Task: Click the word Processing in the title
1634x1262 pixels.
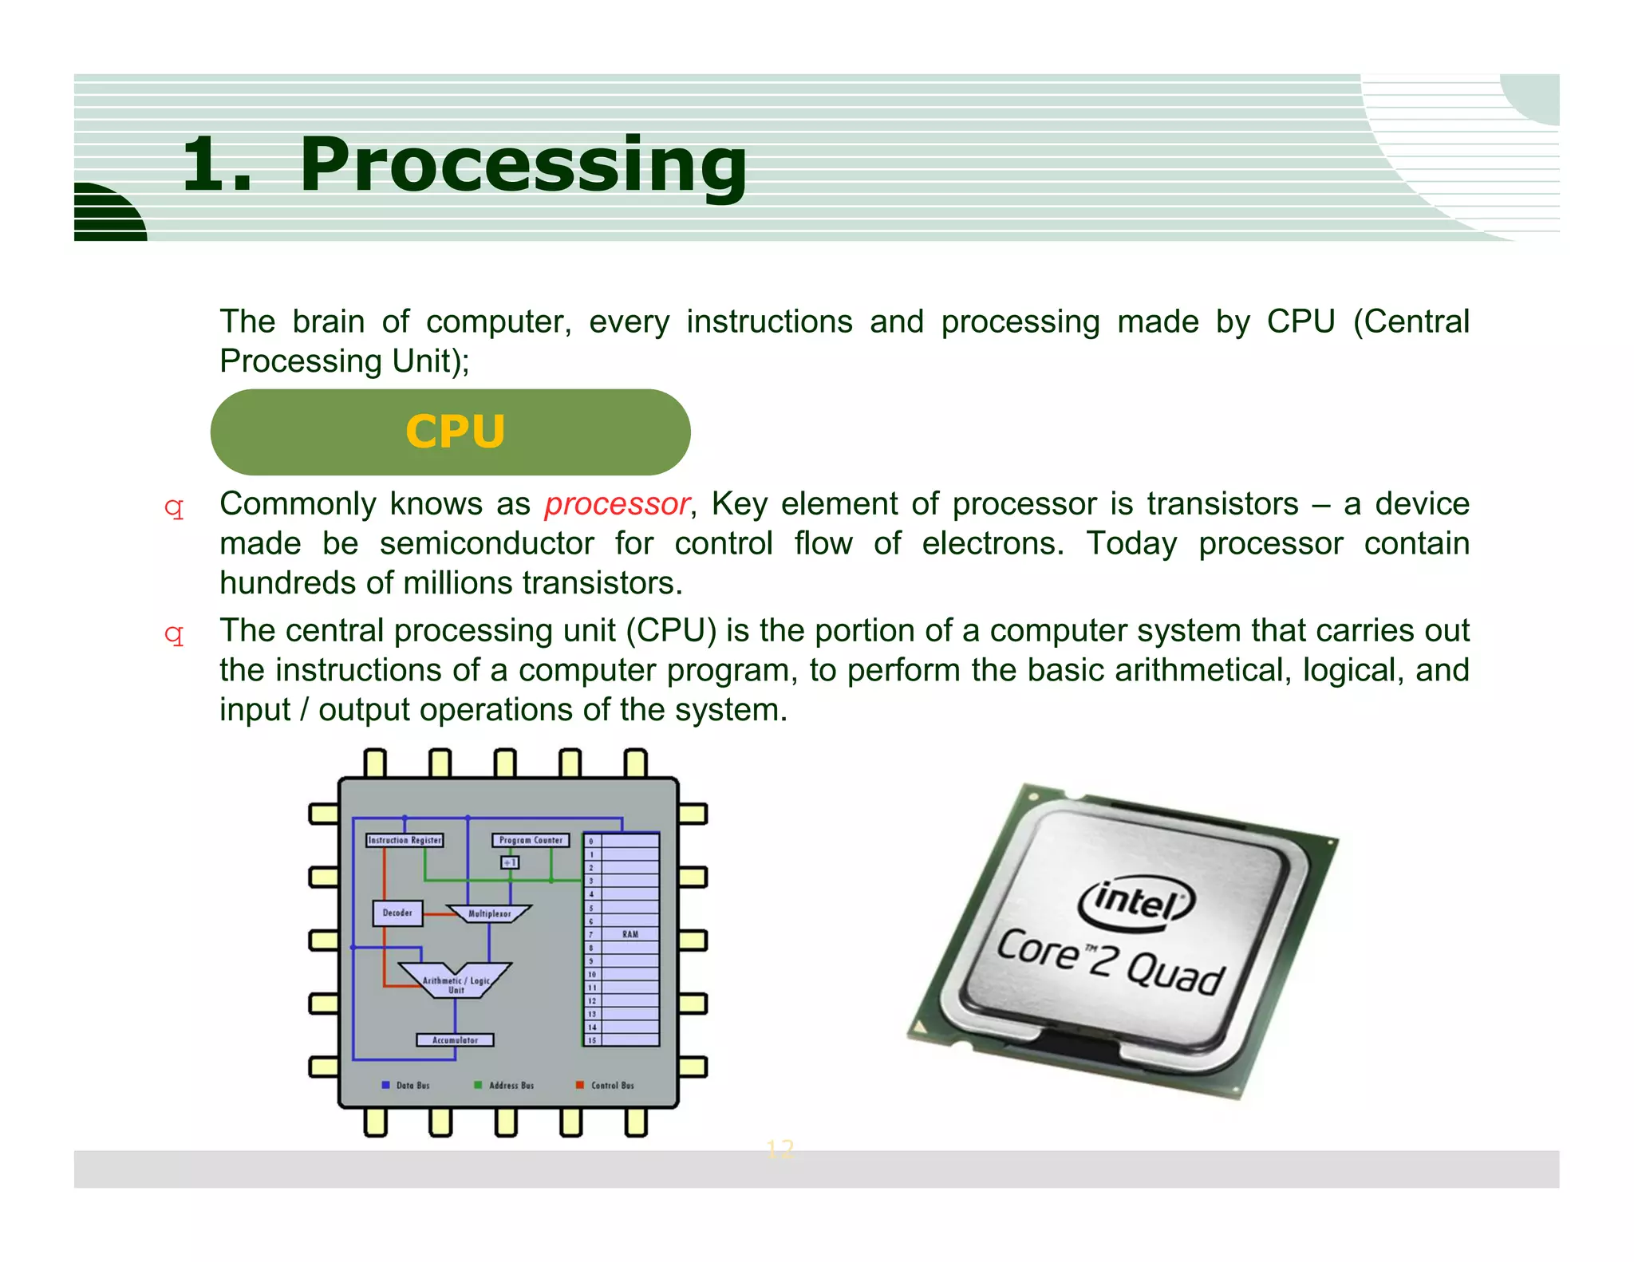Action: tap(523, 165)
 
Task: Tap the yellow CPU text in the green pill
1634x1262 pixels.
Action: tap(455, 432)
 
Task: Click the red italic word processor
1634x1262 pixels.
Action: tap(617, 504)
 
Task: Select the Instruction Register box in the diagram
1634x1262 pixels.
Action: tap(405, 840)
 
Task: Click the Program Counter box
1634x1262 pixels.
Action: tap(531, 840)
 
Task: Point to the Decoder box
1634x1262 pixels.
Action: tap(397, 913)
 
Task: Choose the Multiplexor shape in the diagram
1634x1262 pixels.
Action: tap(489, 913)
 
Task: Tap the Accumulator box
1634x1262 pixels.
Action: tap(455, 1040)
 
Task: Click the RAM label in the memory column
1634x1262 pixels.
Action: tap(630, 934)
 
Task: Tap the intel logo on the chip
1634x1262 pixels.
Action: tap(1136, 903)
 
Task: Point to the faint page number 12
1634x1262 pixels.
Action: tap(780, 1149)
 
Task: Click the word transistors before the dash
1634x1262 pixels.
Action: tap(1223, 504)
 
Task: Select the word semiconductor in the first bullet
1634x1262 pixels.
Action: tap(487, 544)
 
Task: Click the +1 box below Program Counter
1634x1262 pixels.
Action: tap(510, 862)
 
